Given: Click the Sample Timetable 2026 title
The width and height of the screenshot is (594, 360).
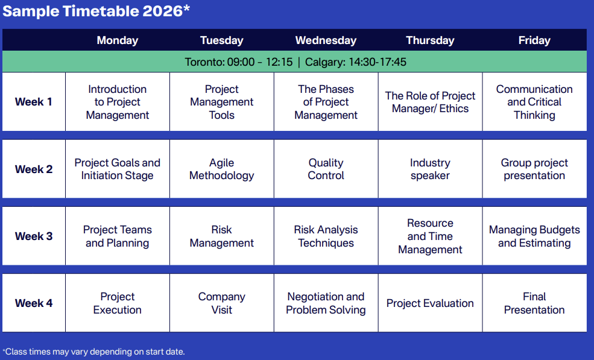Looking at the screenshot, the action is (96, 11).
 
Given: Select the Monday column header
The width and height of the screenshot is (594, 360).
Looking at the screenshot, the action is (118, 40).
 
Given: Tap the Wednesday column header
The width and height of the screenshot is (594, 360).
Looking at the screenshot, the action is (326, 40).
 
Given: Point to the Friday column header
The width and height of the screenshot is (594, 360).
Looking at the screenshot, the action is (534, 40).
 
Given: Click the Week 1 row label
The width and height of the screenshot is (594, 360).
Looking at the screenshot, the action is (33, 101).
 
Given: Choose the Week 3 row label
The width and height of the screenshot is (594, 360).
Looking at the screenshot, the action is (33, 236).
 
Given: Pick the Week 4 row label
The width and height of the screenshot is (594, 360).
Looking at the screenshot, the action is (33, 303).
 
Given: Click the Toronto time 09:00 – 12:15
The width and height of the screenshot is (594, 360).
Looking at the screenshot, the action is (239, 62).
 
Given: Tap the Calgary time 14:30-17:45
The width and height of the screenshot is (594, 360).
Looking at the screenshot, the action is (356, 62).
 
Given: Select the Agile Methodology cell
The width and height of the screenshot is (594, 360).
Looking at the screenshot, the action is (221, 169).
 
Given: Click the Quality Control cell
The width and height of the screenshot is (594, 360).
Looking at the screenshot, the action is (326, 169).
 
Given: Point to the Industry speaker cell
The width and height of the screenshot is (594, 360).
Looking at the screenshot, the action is (430, 169).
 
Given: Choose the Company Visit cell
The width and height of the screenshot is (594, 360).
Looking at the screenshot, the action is (221, 303).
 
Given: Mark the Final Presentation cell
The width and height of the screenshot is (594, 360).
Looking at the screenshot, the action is (534, 303).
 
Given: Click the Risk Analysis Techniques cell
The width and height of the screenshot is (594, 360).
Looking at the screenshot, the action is (326, 236).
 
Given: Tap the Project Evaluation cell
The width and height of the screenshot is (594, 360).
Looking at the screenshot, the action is (430, 303).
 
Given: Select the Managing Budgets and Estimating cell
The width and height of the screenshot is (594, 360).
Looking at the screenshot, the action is (534, 236).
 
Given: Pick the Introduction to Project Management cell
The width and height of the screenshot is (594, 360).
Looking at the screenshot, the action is (118, 102).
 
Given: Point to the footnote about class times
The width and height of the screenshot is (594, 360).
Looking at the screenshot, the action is (93, 352).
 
